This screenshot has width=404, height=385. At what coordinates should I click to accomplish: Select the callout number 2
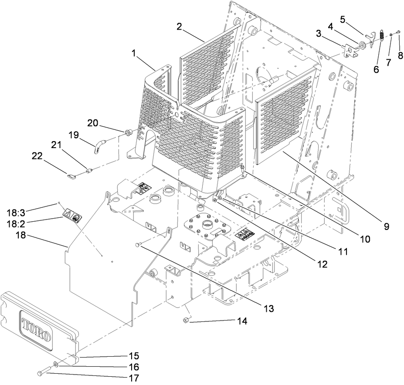coord(179,26)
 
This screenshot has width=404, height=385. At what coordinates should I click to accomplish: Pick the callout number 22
coord(37,155)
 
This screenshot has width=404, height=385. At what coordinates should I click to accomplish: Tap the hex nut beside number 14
coord(185,321)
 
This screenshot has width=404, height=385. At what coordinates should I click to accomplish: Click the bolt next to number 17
coord(41,371)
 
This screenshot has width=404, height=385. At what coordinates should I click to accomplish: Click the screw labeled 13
coord(138,245)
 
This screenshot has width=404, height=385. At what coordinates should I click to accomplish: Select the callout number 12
coord(322,263)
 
